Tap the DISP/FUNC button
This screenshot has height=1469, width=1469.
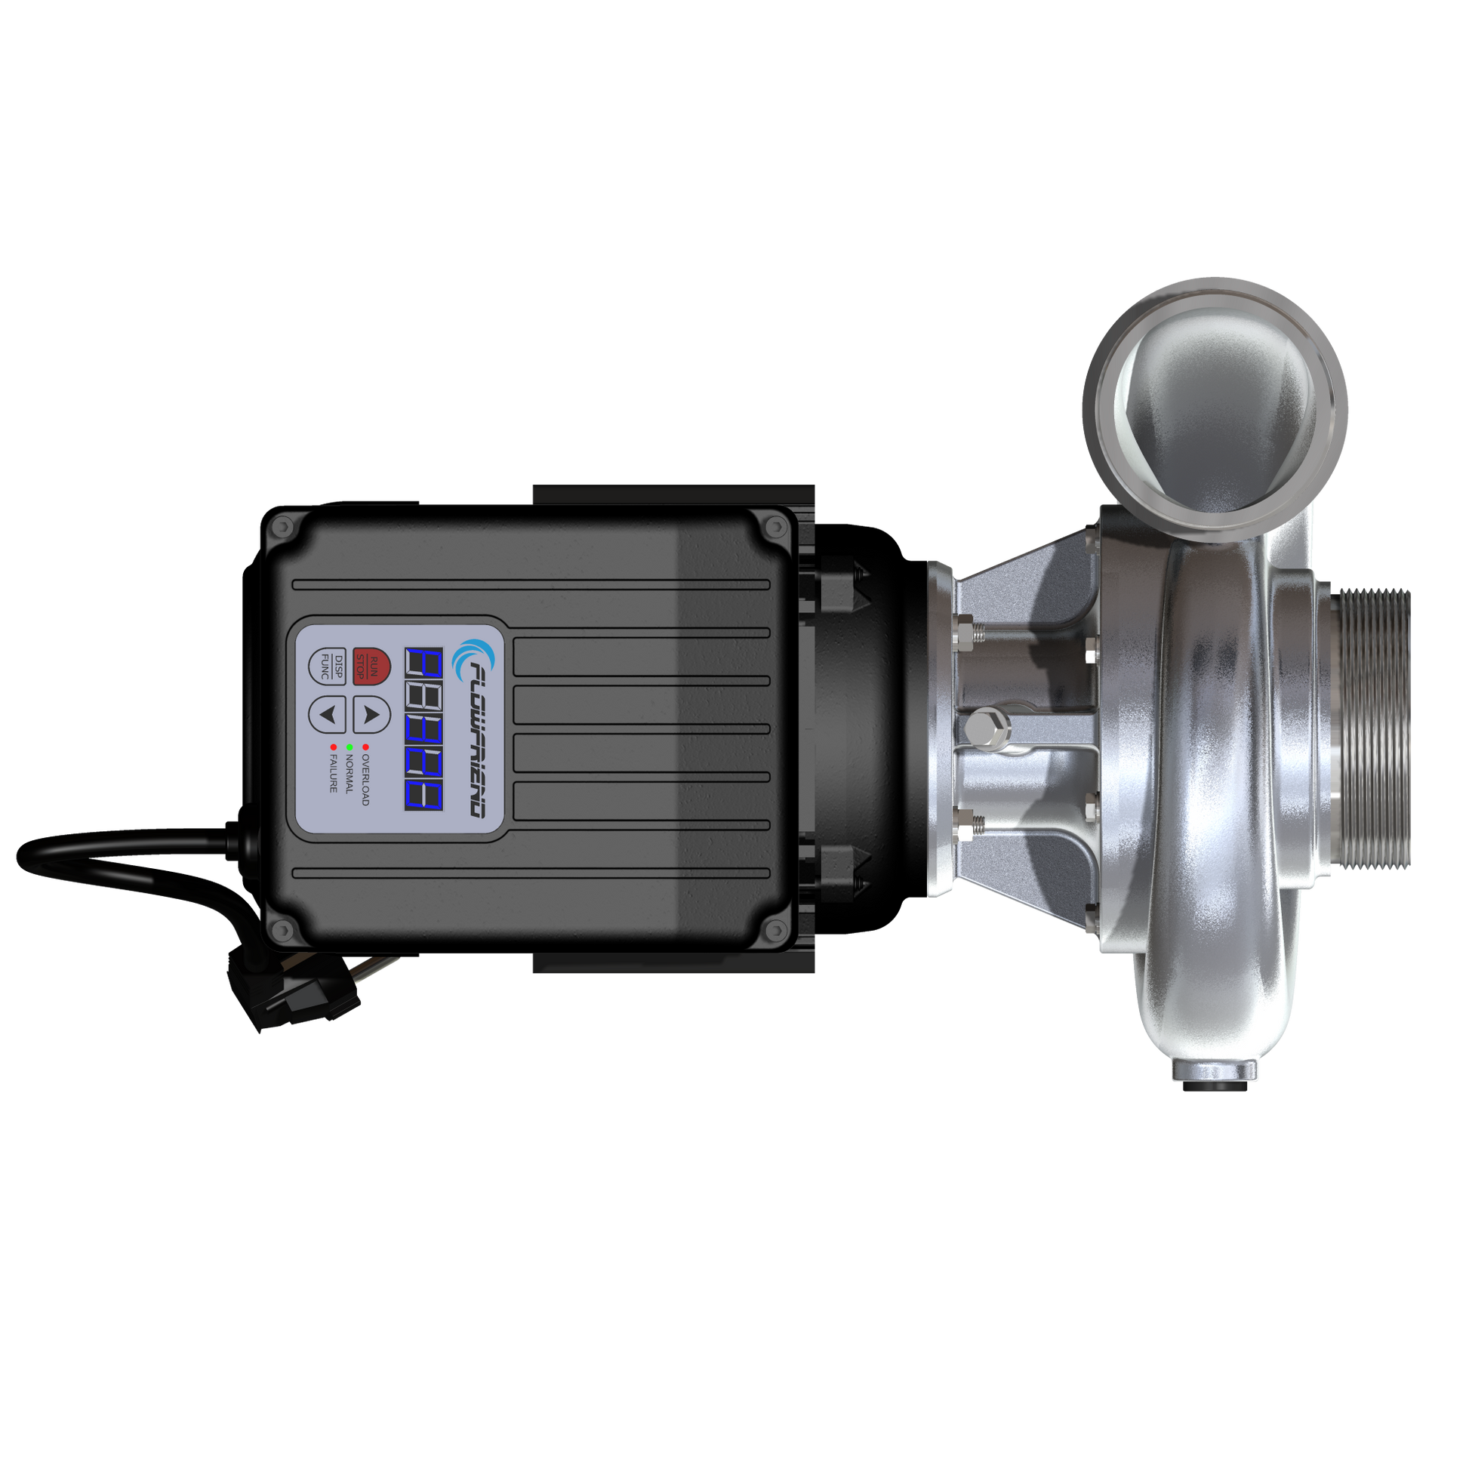point(328,666)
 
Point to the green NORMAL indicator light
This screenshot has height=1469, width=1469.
point(349,747)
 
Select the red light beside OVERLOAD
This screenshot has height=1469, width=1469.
point(365,747)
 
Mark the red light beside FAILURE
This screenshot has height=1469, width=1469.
point(333,747)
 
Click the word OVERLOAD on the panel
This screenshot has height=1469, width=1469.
point(365,780)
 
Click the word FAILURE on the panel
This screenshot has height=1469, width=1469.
point(333,774)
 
